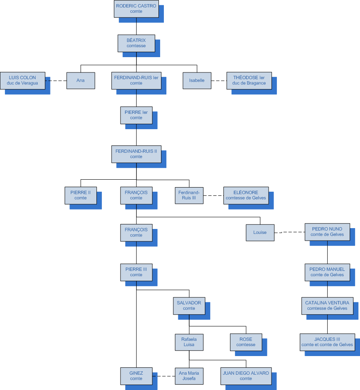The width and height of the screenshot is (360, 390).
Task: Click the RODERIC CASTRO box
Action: click(136, 9)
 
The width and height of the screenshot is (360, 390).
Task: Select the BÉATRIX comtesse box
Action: click(136, 43)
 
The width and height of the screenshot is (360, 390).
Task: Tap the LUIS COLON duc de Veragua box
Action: click(22, 80)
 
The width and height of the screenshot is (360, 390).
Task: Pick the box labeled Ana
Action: click(81, 80)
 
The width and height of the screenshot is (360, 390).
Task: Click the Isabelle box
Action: click(197, 80)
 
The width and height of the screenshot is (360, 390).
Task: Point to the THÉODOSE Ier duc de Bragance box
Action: click(249, 80)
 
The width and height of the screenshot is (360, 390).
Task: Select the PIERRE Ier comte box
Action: click(136, 115)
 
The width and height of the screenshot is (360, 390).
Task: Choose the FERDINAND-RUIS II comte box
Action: click(136, 154)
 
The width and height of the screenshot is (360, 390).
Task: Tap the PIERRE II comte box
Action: click(81, 195)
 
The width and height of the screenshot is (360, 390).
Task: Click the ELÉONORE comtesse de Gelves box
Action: click(246, 195)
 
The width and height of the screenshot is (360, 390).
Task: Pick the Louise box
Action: click(260, 232)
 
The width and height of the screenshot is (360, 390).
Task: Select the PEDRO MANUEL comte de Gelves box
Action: click(327, 272)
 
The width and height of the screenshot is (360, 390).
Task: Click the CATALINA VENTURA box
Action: click(327, 305)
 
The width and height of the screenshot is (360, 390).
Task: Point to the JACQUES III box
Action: click(327, 342)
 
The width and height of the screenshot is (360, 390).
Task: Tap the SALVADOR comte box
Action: click(189, 306)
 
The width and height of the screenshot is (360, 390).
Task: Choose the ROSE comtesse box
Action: click(246, 342)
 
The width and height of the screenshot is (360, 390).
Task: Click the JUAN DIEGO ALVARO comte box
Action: click(246, 376)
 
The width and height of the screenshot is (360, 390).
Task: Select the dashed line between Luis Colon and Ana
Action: click(56, 81)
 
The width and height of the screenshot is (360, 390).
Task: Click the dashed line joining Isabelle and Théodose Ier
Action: click(218, 81)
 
